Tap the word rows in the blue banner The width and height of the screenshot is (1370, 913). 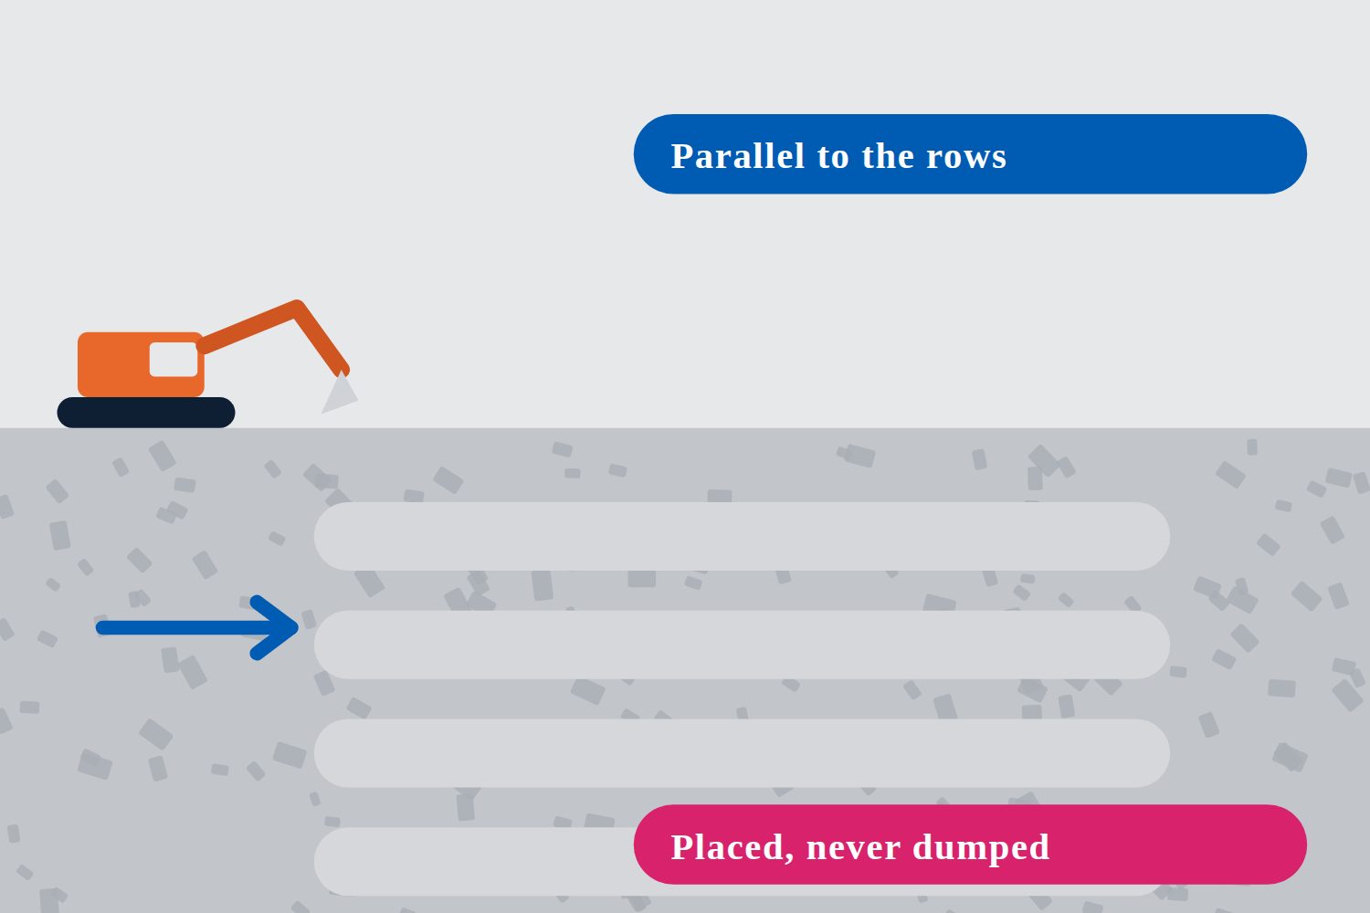965,156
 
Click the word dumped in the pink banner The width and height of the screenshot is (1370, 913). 980,847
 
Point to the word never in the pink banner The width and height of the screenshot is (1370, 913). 853,849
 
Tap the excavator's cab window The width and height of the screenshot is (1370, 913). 174,360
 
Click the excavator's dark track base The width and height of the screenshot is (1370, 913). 146,412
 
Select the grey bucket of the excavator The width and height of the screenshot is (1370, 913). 340,394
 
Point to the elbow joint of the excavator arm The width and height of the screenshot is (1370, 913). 297,307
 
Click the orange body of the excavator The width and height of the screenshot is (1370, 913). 141,364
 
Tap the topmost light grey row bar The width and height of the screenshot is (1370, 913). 742,536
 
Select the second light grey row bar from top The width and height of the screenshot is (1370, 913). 742,645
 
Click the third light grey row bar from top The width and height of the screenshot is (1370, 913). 742,753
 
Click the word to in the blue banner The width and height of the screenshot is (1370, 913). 833,157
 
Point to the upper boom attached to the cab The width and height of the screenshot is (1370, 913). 248,327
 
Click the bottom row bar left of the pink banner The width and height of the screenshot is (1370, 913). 474,861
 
